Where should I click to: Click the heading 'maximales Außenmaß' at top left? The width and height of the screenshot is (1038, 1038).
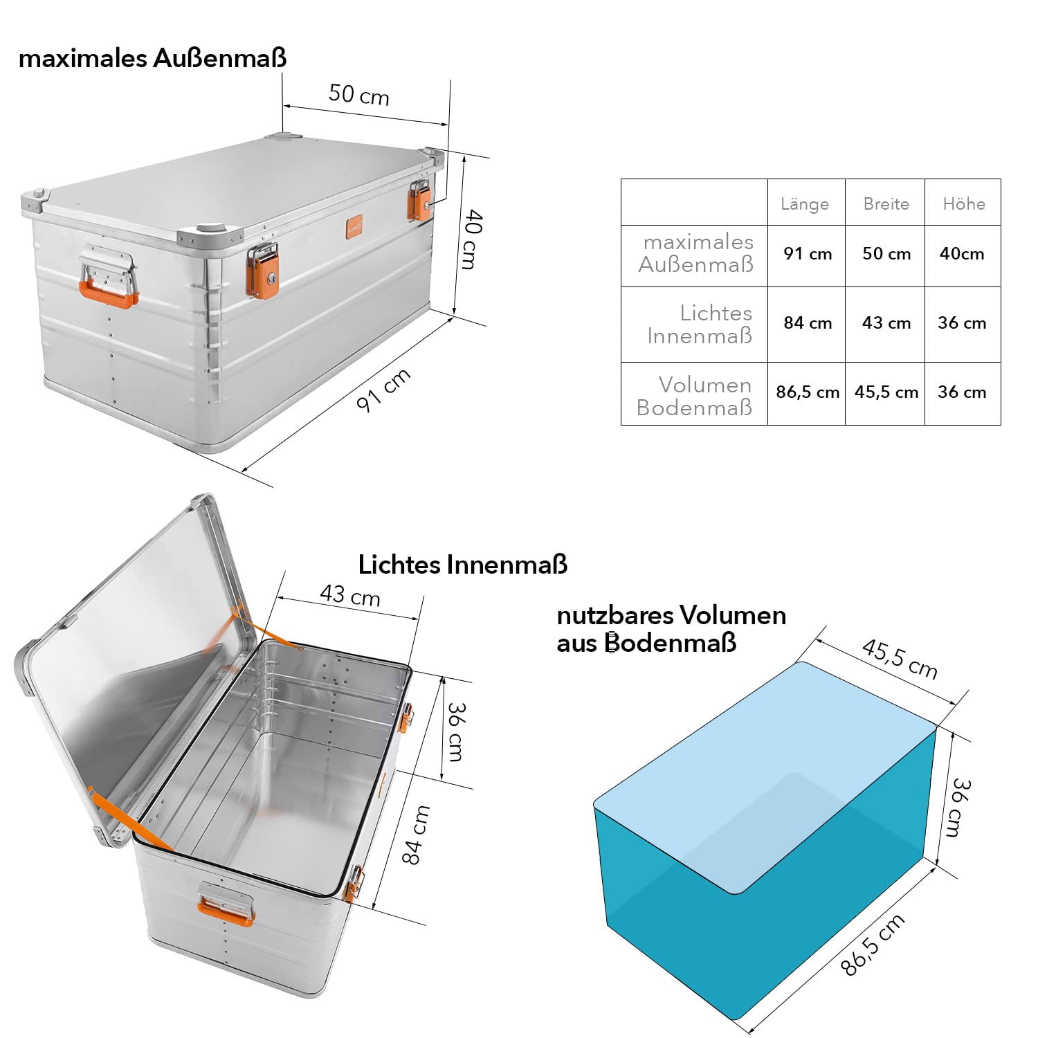point(152,58)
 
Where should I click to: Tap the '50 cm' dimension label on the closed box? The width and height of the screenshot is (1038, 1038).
point(358,94)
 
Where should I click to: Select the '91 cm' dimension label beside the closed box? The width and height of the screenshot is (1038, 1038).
point(383,390)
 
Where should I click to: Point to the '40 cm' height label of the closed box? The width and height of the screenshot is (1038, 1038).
point(470,239)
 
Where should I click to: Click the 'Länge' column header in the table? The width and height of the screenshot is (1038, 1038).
point(805,203)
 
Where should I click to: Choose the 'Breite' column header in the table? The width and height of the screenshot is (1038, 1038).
point(886,203)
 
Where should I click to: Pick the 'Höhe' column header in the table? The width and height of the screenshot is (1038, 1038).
point(964,203)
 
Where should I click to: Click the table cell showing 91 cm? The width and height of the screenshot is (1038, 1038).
point(808,254)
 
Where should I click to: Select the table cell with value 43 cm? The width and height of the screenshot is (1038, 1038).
point(886,322)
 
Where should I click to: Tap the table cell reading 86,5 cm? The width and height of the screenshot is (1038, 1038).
point(808,392)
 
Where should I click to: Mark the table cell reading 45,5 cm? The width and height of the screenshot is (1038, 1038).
point(886,392)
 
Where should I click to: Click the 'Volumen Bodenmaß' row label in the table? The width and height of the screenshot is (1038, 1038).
point(694,396)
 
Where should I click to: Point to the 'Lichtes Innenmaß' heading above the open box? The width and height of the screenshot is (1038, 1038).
point(463,565)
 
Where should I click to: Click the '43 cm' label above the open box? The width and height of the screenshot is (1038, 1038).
point(350,595)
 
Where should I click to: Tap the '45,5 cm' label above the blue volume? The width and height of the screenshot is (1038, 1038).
point(900,659)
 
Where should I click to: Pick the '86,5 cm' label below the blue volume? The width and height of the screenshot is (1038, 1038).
point(873,945)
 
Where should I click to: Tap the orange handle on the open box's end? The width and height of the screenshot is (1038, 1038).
point(226,911)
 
